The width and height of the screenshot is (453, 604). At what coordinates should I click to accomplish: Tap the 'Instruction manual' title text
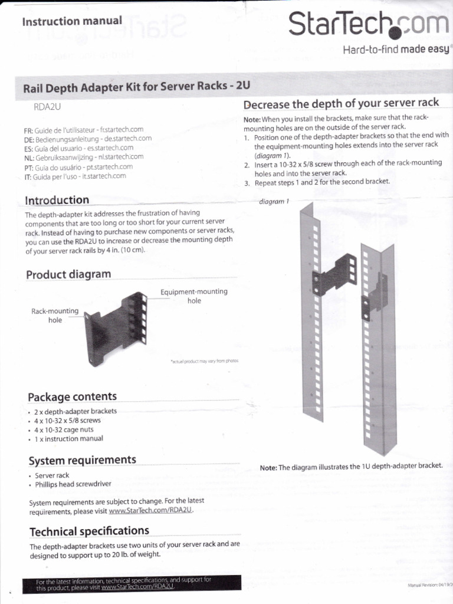72,21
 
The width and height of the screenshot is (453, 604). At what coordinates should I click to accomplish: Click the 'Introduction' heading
57,200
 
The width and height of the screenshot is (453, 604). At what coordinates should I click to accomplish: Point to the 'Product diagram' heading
68,274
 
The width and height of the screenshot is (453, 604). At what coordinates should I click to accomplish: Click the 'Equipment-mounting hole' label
193,296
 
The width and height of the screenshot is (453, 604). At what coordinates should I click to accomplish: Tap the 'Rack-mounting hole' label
55,316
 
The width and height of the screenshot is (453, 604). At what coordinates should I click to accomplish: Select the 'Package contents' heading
72,396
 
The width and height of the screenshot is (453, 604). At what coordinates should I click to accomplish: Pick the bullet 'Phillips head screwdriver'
73,484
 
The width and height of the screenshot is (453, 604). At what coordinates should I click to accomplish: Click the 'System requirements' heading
82,459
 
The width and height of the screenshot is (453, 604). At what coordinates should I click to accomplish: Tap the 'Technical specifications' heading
89,531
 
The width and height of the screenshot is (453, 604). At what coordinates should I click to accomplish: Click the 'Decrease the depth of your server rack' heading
341,103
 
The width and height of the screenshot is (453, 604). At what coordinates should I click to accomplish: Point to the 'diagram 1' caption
274,201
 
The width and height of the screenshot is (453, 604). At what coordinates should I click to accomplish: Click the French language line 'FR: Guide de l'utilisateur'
84,129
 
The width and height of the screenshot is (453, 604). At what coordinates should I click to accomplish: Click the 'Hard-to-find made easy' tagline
396,50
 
